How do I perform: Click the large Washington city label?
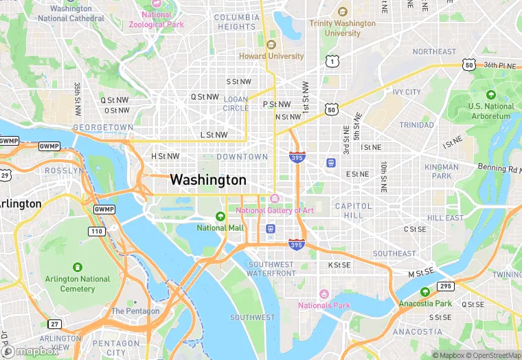point(207,180)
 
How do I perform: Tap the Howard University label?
point(271,56)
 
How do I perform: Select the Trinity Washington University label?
point(342,28)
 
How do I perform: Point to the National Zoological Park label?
point(156,19)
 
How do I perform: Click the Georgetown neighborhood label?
point(103,128)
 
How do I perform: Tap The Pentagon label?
point(135,311)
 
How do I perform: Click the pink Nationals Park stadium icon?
point(324,294)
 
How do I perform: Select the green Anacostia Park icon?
point(425,291)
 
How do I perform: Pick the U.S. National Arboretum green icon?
point(490,95)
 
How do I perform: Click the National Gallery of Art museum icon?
point(275,199)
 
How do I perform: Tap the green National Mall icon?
point(220,216)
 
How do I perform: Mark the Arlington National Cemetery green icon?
point(77,267)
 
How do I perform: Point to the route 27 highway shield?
point(54,324)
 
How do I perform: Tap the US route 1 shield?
point(332,62)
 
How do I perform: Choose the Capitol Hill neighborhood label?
point(353,210)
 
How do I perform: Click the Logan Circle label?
point(236,104)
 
